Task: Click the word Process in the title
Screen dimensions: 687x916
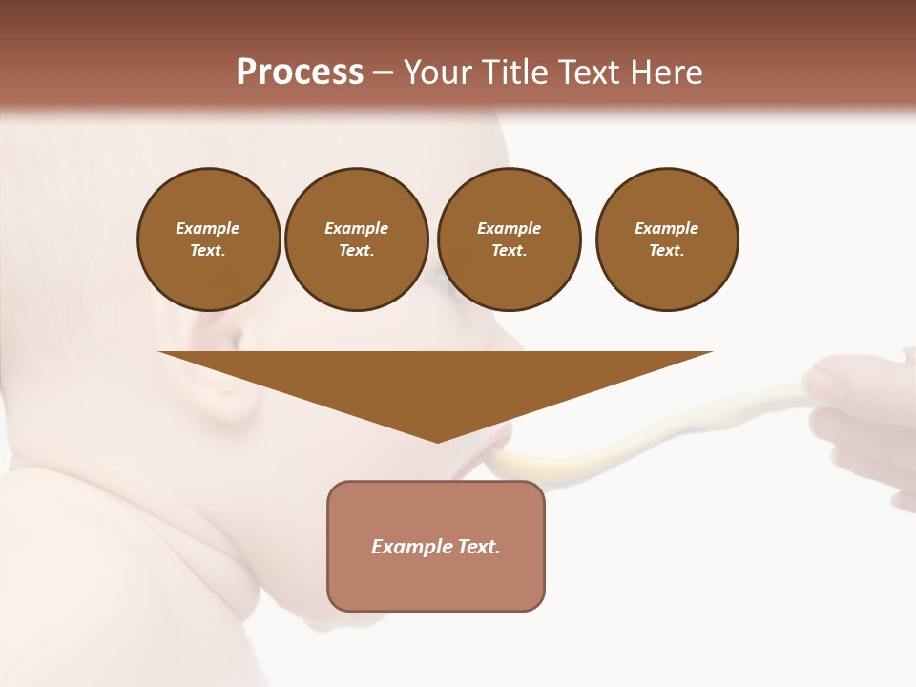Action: click(300, 73)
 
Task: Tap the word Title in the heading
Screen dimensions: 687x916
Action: click(515, 73)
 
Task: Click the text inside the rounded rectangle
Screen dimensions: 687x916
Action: click(436, 547)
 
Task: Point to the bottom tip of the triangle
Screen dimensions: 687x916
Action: click(437, 441)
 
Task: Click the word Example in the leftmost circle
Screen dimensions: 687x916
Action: click(208, 228)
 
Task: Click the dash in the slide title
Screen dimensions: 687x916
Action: click(383, 73)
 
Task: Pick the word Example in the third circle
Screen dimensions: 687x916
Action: click(509, 228)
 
